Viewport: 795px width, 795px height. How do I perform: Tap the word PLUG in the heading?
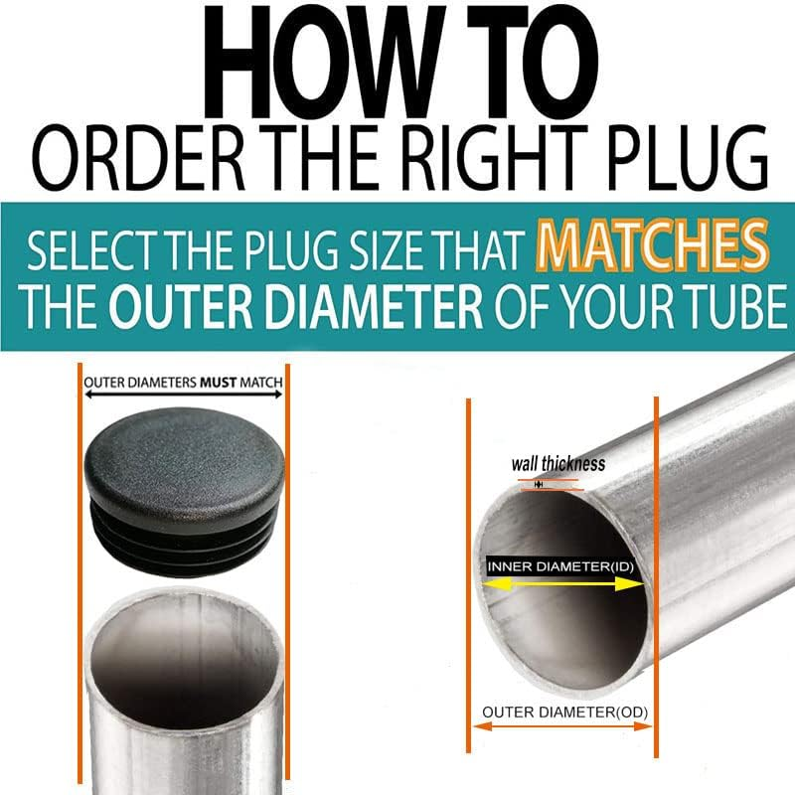click(676, 159)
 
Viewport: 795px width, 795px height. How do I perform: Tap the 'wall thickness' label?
click(557, 464)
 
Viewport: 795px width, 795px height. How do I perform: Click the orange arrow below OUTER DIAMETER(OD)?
click(561, 727)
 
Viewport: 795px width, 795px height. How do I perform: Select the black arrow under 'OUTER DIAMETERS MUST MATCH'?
click(183, 396)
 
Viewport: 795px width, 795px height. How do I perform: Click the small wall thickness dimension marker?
click(538, 484)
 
